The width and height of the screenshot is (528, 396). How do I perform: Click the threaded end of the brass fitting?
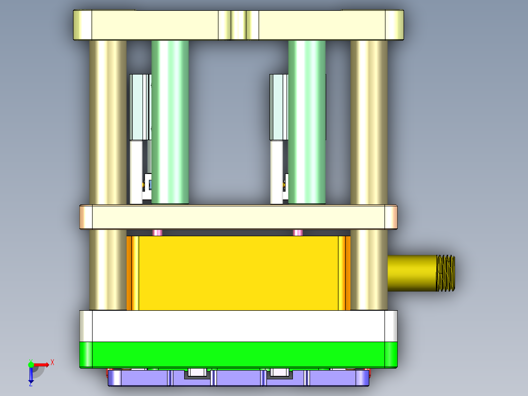point(445,273)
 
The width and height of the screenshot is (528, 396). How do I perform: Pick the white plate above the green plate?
point(239,326)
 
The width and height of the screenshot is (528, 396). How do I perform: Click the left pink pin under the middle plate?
point(157,232)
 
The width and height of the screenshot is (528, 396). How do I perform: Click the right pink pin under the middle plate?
point(297,232)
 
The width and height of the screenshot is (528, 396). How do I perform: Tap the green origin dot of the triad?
point(31,364)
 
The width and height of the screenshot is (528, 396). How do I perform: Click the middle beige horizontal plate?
point(239,217)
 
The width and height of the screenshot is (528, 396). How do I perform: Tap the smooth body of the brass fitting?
point(411,273)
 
